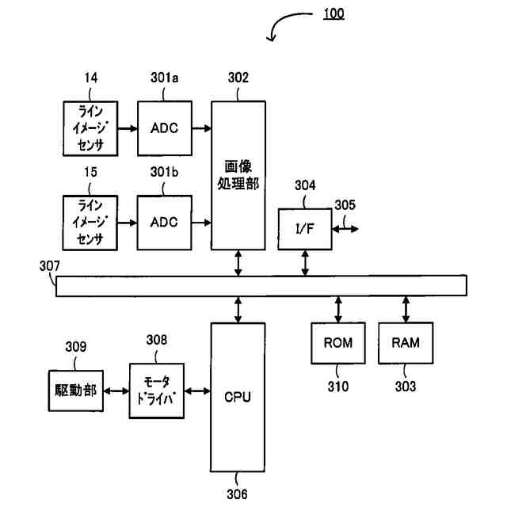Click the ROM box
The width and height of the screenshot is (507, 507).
click(338, 343)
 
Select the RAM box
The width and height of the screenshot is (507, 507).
click(406, 343)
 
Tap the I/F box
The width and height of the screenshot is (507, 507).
click(305, 229)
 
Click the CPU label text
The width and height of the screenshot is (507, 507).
click(238, 397)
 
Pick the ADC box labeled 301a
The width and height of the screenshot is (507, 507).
click(165, 128)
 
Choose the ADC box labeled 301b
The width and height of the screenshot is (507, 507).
click(164, 223)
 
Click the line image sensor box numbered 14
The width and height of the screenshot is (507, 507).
click(90, 128)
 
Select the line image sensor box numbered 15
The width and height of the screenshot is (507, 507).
click(90, 223)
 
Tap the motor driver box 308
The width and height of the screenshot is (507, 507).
click(157, 391)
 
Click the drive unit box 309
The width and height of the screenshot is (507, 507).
click(76, 391)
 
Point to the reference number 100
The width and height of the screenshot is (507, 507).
click(334, 13)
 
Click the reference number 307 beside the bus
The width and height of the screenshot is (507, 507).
click(49, 266)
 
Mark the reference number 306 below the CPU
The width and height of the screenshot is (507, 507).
click(237, 494)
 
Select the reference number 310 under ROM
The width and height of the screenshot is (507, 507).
click(338, 387)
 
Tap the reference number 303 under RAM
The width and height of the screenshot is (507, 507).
click(406, 387)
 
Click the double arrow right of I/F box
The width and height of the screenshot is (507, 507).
click(345, 229)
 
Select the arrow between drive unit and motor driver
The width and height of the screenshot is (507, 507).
click(116, 391)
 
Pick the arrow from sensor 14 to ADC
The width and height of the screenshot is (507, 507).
click(128, 128)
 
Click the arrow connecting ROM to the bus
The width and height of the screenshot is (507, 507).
click(338, 310)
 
